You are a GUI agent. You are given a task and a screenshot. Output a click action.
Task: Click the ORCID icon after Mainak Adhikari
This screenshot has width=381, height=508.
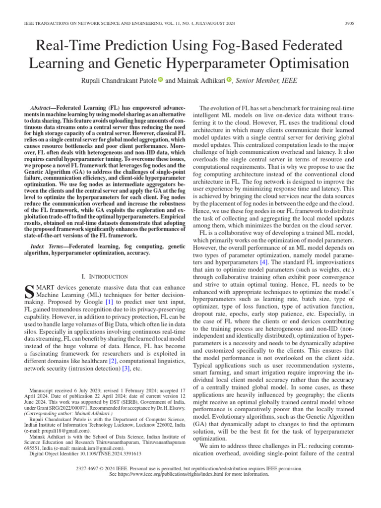[229, 80]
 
